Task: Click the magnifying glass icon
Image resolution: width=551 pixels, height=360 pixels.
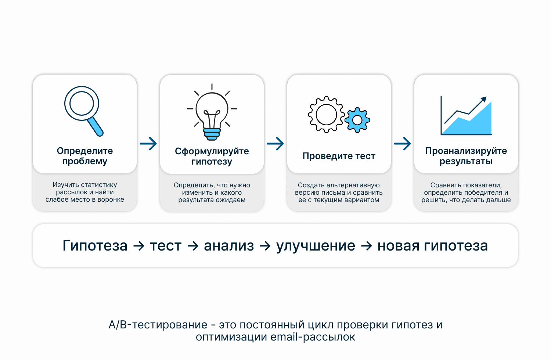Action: tap(84, 111)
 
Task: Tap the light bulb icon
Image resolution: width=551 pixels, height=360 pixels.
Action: tap(212, 112)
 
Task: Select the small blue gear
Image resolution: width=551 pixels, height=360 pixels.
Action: tap(357, 120)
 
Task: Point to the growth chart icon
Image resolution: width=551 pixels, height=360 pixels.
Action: tap(466, 115)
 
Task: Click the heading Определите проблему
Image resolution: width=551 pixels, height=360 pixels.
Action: tap(85, 156)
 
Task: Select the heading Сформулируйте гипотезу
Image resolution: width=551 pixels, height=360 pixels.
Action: tap(212, 156)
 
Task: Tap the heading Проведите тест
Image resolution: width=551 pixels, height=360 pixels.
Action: tap(339, 156)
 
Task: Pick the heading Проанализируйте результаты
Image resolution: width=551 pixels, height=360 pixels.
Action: tap(466, 156)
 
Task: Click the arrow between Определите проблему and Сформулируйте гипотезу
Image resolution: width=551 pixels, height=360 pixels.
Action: tap(148, 144)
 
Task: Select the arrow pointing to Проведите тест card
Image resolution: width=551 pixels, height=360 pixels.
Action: tap(275, 144)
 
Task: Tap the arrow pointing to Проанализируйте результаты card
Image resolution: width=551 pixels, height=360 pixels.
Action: tap(403, 144)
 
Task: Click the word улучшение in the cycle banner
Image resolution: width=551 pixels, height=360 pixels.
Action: tap(316, 246)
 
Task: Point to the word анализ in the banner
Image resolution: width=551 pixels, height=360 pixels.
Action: tap(229, 246)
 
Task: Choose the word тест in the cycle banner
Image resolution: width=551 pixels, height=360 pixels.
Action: tap(166, 246)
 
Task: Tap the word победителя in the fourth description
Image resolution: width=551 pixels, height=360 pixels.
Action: tap(476, 192)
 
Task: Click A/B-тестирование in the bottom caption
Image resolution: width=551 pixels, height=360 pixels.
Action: tap(158, 325)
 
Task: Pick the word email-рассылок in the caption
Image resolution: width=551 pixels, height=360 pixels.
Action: tap(313, 337)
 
